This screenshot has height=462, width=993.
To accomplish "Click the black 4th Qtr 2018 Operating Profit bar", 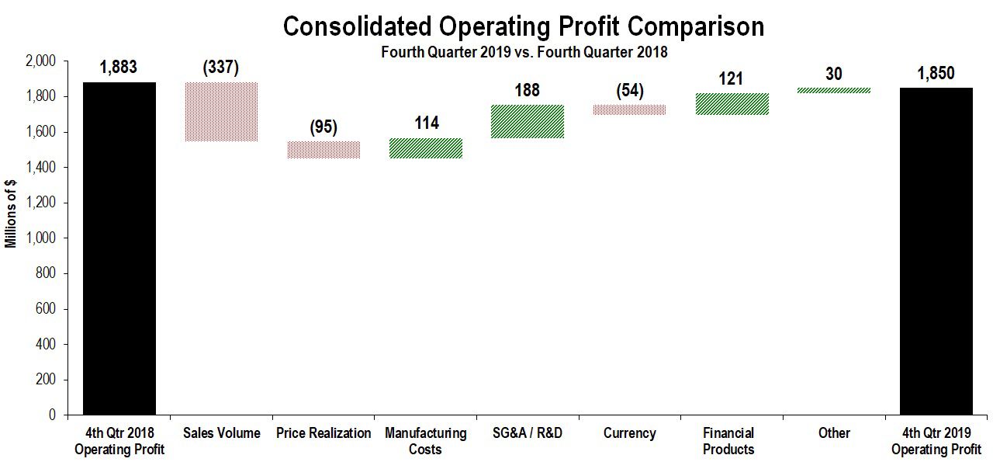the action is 119,248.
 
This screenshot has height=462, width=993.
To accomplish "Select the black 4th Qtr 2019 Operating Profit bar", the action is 936,252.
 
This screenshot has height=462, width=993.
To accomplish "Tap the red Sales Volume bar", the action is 221,112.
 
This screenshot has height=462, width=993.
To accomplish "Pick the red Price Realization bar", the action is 324,150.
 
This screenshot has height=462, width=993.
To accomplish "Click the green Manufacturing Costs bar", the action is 426,148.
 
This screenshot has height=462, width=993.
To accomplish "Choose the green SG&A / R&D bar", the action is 528,122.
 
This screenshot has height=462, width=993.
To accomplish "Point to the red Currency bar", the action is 629,109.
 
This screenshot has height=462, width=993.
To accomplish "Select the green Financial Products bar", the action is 732,104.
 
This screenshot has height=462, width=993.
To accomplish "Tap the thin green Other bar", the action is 834,91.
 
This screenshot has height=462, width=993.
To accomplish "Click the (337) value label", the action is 221,68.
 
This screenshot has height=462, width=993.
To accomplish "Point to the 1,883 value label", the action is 119,68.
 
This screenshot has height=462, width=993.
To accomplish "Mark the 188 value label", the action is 527,90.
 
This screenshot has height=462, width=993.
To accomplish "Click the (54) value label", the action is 629,91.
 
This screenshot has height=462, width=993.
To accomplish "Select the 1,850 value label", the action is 936,73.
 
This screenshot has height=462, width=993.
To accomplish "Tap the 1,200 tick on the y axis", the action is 41,203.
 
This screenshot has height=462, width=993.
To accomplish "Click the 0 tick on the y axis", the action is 52,415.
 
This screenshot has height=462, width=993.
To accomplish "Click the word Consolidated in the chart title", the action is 357,26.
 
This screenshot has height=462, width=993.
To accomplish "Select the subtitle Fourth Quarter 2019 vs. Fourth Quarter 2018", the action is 524,52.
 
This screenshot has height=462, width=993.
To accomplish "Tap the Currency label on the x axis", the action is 629,432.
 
